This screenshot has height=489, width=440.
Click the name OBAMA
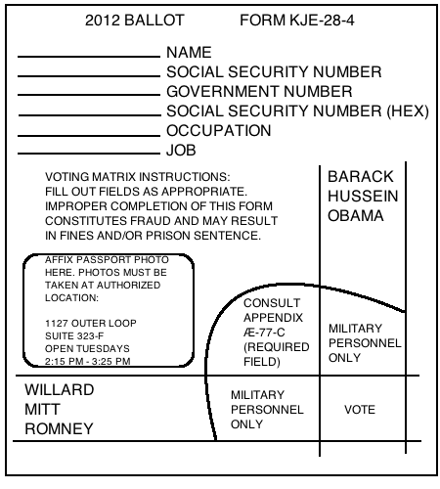coord(356,216)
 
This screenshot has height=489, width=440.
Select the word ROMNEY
coord(59,428)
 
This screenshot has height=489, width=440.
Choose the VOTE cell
coord(360,411)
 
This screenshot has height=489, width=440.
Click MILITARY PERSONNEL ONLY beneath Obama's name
coord(364,344)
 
